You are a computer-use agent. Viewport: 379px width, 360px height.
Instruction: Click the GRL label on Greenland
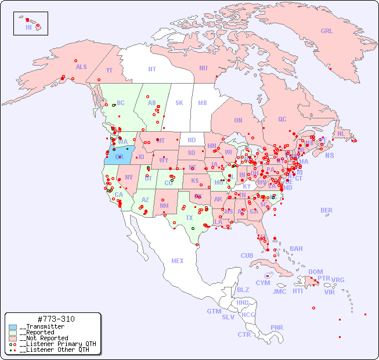point(327,31)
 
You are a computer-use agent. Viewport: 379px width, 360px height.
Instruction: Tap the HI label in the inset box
point(28,27)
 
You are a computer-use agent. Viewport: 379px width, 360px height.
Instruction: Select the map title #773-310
point(55,319)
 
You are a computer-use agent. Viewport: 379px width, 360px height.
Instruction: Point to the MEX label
point(178,261)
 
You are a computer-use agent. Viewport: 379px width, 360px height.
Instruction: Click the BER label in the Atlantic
point(326,210)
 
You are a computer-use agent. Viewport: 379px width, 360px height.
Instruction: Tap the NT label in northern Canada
point(152,69)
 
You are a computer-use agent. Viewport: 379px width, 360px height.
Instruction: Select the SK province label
point(179,103)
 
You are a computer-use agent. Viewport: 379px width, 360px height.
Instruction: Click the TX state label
point(189,218)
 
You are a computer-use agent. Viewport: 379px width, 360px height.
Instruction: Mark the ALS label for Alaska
point(81,67)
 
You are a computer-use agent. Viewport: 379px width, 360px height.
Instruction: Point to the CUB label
point(247,255)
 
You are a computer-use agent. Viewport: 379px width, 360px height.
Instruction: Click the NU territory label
point(203,68)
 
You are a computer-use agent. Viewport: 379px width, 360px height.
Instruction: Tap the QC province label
point(282,119)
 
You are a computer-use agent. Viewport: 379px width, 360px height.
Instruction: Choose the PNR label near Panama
point(277,327)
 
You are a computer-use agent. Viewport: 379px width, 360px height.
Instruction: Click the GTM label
point(214,311)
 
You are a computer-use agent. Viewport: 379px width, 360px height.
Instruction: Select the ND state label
point(192,140)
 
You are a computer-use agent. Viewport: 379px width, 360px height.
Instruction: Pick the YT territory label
point(109,70)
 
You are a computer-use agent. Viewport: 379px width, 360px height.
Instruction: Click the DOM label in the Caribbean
point(315,272)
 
